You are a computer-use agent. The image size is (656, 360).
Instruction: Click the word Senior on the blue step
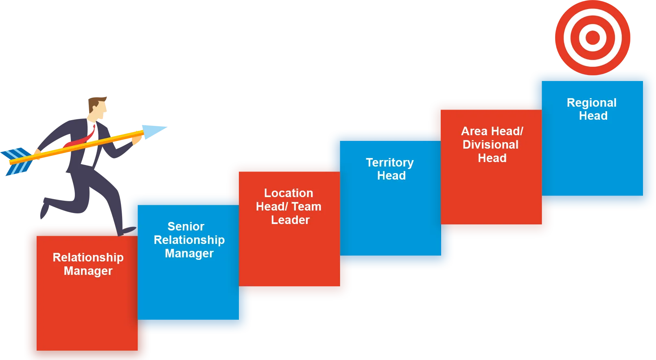pos(186,226)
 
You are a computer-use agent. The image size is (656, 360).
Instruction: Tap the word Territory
pos(390,163)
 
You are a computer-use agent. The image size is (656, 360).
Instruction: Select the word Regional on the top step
pos(592,103)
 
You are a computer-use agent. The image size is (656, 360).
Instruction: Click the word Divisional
pos(490,145)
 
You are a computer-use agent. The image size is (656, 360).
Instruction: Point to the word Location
pos(289,193)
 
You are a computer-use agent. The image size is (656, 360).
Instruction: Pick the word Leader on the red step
pos(290,220)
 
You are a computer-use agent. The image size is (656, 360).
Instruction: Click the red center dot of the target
pos(593,37)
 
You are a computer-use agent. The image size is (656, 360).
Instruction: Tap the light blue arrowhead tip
pos(166,127)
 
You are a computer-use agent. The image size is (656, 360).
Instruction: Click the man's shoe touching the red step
pos(127,231)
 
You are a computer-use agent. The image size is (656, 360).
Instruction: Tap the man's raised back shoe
pos(44,209)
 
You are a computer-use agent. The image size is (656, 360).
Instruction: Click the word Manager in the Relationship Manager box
pos(88,271)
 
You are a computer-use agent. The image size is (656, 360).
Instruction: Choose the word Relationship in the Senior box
pos(189,240)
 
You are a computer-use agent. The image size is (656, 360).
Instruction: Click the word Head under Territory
pos(391,176)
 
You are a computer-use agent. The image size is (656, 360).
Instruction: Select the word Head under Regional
pos(593,116)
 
